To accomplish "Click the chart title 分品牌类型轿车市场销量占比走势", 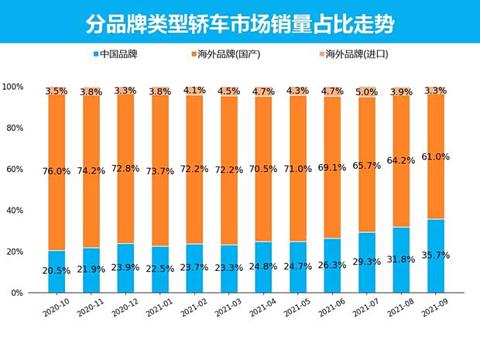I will (239, 22).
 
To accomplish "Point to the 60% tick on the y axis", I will (15, 169).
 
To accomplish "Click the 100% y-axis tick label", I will (13, 86).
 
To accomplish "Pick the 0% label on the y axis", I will (17, 293).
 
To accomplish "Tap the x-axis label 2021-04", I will (262, 309).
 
